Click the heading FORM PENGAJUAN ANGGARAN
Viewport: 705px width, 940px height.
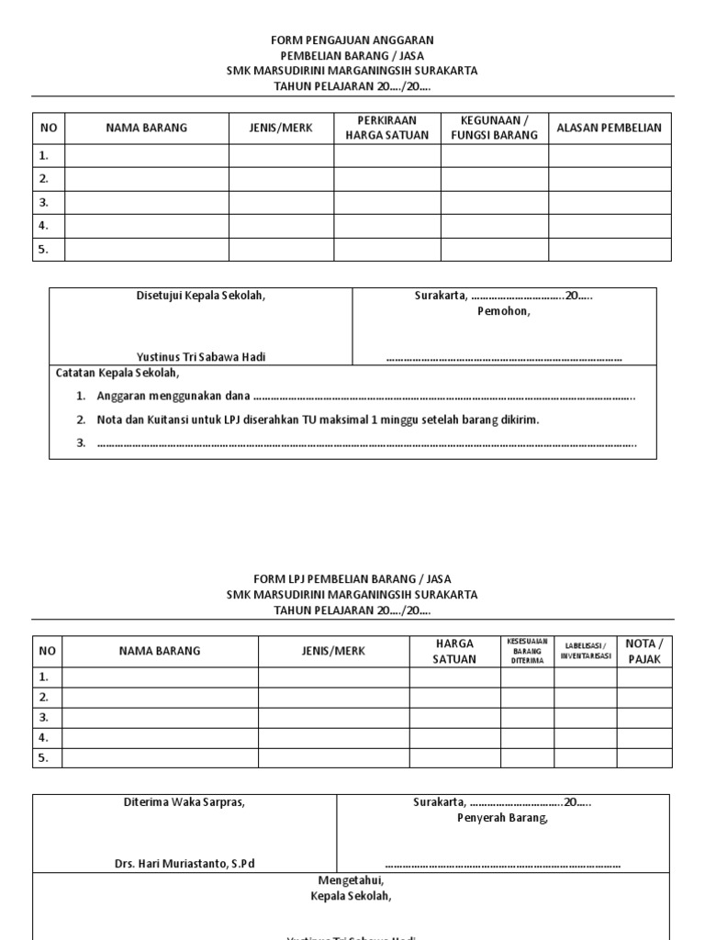(x=352, y=40)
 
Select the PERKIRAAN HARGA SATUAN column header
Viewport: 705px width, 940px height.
(x=386, y=129)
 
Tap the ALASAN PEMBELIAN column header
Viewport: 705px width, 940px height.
(x=610, y=129)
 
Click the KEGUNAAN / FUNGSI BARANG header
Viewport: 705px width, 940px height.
(x=494, y=129)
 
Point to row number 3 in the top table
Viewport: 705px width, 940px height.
(x=44, y=203)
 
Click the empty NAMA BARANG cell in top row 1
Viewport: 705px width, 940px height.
(x=146, y=156)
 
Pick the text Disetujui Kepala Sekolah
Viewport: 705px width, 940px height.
(x=200, y=296)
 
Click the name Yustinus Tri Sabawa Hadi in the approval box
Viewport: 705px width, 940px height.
(x=200, y=357)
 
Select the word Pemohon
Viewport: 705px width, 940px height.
(x=503, y=311)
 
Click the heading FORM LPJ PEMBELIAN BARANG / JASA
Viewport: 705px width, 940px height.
(x=352, y=579)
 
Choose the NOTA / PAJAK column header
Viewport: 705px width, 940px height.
(x=643, y=652)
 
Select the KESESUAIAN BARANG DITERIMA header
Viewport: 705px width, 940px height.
(x=527, y=651)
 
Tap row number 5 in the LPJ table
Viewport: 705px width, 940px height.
(x=43, y=757)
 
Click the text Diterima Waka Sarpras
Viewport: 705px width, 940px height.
(x=185, y=802)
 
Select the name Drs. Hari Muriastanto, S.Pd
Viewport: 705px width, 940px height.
(x=185, y=864)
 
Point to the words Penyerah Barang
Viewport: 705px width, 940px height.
(x=502, y=818)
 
